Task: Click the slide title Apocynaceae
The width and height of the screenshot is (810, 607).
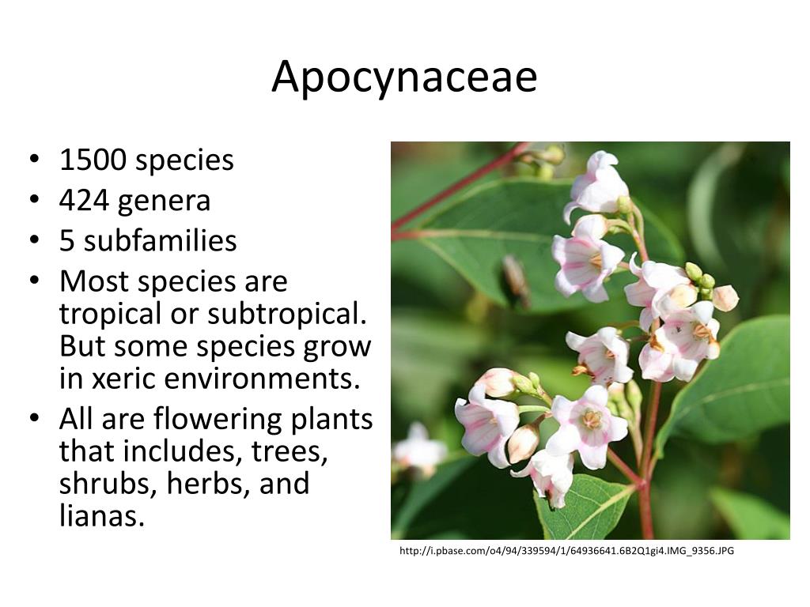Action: point(404,78)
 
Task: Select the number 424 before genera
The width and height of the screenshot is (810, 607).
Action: point(85,201)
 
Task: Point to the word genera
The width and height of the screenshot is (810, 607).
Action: point(165,202)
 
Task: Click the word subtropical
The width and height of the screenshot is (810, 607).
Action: point(288,314)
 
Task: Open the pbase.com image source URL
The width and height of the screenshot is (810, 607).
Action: point(566,550)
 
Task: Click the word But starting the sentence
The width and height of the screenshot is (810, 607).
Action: point(81,346)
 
